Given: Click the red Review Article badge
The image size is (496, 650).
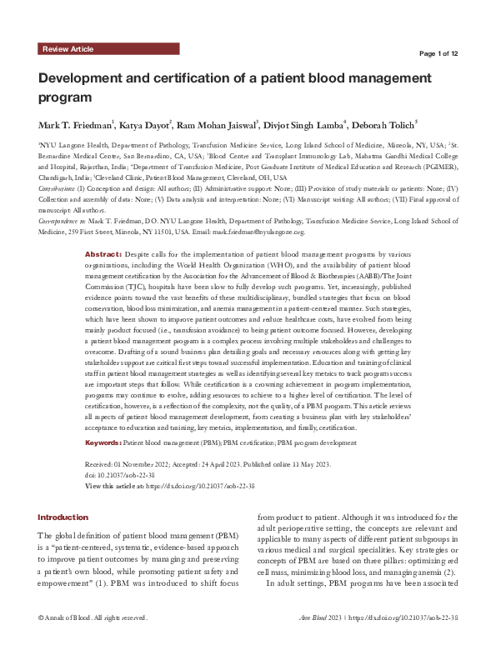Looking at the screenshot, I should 68,50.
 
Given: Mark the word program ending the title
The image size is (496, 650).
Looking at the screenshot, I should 63,98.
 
